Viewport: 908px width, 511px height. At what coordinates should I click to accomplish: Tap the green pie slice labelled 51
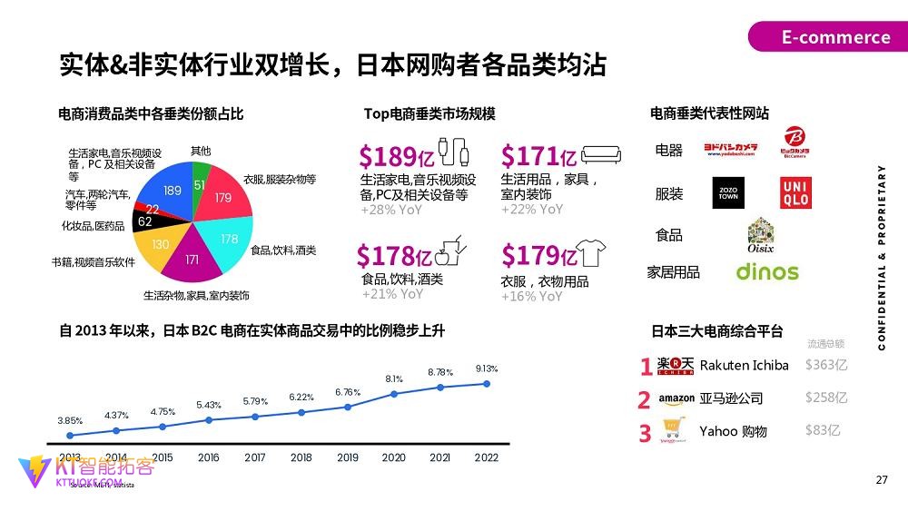coord(200,184)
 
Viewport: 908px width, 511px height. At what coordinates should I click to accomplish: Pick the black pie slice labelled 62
coord(145,221)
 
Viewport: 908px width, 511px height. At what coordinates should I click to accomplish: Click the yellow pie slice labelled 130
coord(160,244)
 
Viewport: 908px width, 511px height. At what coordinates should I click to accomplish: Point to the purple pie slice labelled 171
coord(192,260)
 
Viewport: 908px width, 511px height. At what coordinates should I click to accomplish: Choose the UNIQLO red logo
coord(795,192)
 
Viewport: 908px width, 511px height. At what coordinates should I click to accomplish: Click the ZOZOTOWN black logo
coord(727,192)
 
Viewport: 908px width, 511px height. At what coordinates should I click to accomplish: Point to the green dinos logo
coord(767,271)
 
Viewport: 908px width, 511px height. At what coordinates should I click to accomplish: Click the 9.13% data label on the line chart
coord(487,369)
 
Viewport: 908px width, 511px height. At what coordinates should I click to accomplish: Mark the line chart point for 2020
coord(394,394)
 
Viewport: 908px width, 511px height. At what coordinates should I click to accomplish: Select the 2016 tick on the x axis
coord(208,457)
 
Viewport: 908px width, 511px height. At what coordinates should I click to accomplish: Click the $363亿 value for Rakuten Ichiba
coord(825,365)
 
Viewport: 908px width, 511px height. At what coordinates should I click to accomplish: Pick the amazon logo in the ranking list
coord(676,398)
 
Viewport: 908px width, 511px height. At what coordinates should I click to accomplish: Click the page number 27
coord(882,480)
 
